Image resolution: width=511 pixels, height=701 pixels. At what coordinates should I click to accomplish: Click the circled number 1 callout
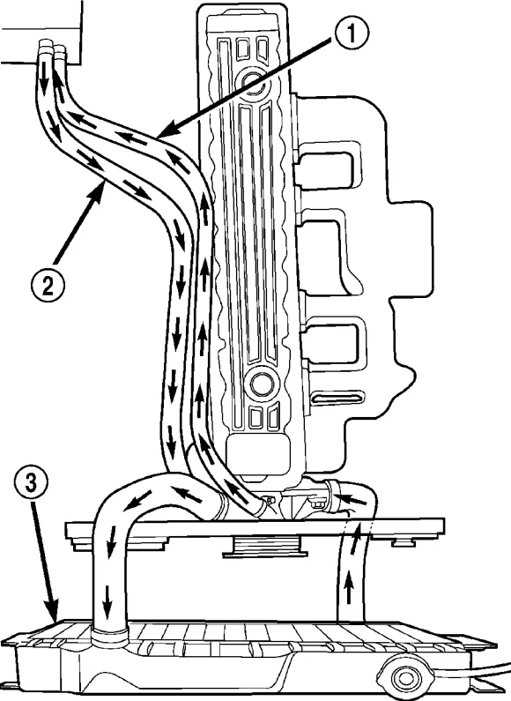tap(352, 33)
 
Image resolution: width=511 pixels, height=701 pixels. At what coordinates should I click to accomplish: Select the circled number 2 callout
tap(48, 282)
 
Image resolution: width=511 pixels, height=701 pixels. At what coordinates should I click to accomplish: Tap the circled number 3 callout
tap(30, 484)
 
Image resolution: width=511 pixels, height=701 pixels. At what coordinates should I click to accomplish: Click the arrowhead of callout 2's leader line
tap(101, 190)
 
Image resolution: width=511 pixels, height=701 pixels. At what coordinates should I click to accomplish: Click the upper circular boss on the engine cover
tap(253, 82)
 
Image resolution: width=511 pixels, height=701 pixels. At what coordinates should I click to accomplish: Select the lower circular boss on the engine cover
tap(262, 383)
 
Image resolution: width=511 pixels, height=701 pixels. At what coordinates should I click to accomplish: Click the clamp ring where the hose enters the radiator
tap(110, 636)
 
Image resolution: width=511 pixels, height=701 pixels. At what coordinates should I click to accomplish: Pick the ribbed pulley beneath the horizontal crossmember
tap(266, 547)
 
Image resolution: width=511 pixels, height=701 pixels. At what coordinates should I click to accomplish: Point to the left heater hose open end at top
tap(45, 46)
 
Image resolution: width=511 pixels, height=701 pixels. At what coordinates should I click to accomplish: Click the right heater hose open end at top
tap(60, 49)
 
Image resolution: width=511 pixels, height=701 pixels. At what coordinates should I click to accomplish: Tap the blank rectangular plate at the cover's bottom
tap(259, 455)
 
